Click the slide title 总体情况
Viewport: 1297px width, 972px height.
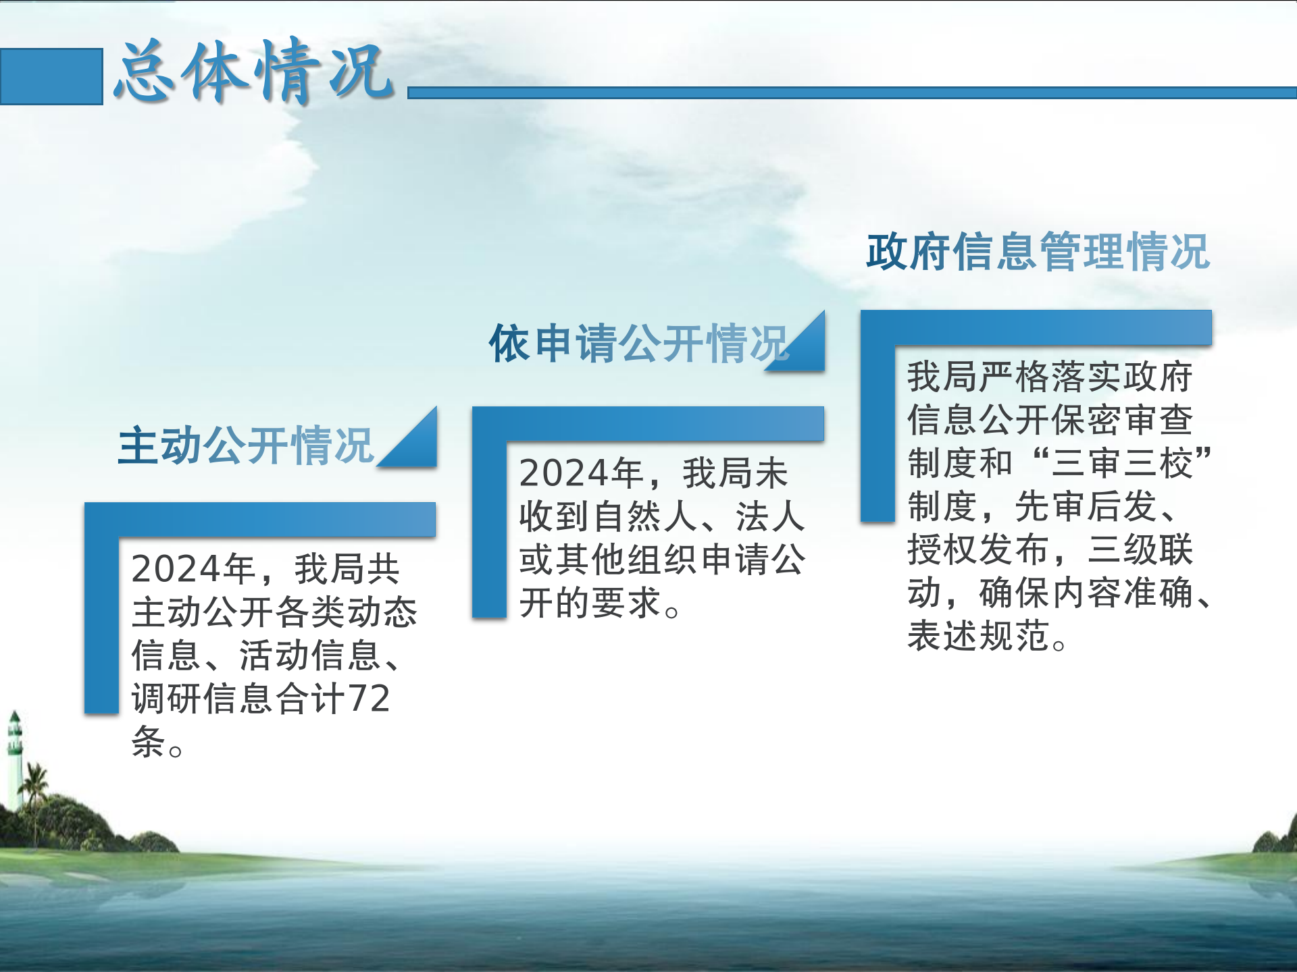[254, 71]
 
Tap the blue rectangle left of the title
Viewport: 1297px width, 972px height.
[51, 76]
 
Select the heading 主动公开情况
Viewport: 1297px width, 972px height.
[246, 446]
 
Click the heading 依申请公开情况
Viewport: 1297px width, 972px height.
[639, 343]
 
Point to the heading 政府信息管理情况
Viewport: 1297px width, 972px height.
[1038, 252]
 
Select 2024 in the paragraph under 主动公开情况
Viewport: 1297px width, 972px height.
[176, 568]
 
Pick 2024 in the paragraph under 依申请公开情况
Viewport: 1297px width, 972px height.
[564, 473]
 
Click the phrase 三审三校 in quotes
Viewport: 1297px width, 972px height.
[1123, 463]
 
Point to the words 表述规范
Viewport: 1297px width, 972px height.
[978, 636]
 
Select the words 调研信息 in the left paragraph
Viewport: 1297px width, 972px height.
[203, 698]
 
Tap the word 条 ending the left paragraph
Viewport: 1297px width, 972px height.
[149, 741]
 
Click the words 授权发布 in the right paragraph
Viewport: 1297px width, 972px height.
[978, 549]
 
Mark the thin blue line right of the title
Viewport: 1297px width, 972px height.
[853, 92]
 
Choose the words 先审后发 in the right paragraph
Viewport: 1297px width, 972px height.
[1086, 506]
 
